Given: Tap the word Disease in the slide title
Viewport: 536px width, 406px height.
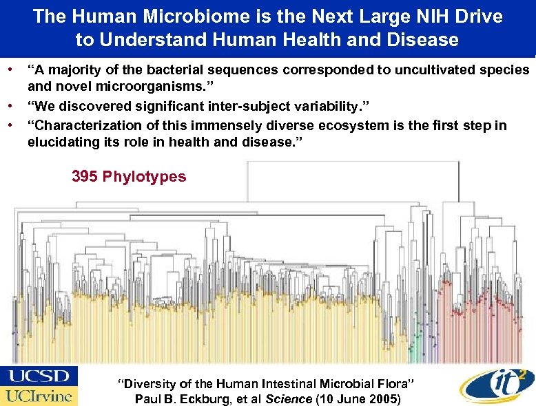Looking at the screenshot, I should click(x=422, y=40).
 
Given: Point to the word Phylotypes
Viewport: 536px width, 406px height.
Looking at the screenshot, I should click(x=144, y=177).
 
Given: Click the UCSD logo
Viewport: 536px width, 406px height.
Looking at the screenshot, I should click(x=39, y=376).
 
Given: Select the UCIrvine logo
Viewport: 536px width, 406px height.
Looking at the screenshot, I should click(x=39, y=396).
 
